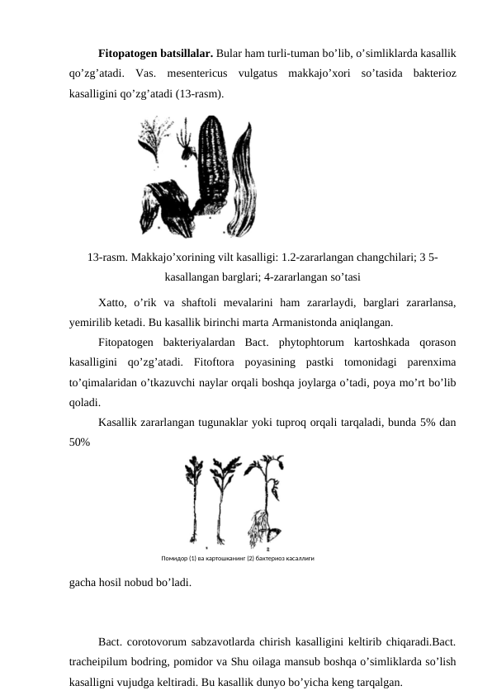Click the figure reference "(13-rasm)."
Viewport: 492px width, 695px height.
[x=198, y=94]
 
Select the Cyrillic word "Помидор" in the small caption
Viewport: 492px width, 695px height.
[x=175, y=558]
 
